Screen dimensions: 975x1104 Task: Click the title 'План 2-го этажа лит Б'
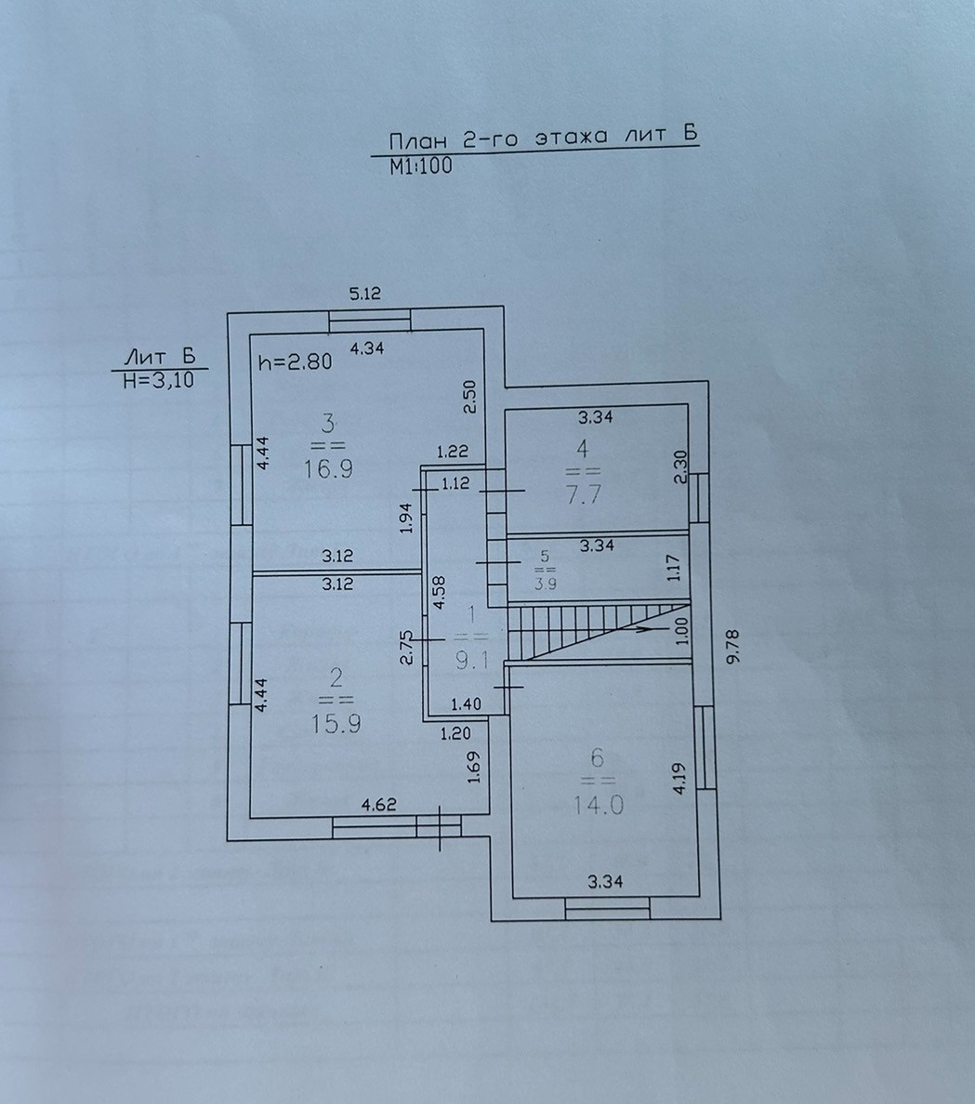tap(542, 137)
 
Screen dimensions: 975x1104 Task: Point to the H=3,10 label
tap(159, 379)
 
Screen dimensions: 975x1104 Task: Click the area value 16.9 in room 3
tap(327, 467)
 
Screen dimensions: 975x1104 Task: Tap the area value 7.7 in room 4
tap(583, 493)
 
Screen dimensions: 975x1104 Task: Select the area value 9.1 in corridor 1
tap(473, 661)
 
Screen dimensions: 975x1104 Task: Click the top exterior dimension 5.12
tap(365, 295)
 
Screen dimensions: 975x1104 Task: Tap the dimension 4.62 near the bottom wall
tap(378, 805)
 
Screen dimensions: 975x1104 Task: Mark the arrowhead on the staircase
tap(643, 629)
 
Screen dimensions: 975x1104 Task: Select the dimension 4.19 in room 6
tap(679, 778)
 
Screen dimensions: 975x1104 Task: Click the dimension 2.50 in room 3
tap(470, 397)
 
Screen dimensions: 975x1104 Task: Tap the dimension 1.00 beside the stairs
tap(682, 632)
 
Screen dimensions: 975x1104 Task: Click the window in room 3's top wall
tap(371, 322)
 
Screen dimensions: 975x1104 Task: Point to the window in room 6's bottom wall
tap(607, 908)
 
